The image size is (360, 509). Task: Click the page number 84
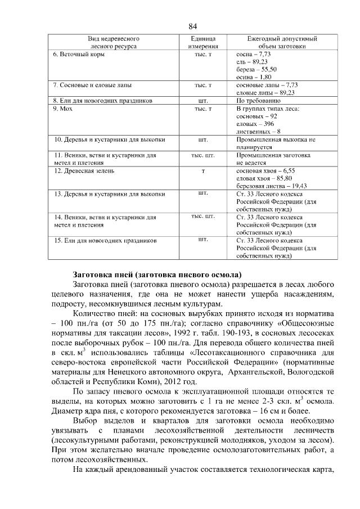pyautogui.click(x=192, y=26)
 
